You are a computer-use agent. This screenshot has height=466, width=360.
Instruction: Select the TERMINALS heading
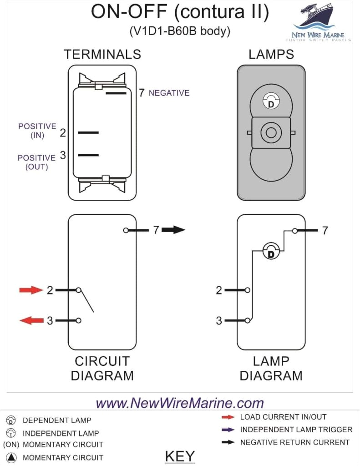[x=102, y=55]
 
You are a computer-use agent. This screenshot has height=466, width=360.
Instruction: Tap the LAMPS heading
[x=271, y=55]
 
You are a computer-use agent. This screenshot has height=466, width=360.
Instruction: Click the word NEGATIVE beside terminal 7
[x=169, y=93]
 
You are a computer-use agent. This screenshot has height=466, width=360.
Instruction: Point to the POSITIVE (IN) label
[x=37, y=131]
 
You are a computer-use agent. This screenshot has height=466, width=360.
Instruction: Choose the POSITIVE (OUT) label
[x=36, y=162]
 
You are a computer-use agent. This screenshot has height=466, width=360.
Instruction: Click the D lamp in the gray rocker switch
[x=271, y=102]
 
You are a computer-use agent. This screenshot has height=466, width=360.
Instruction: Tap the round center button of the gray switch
[x=271, y=133]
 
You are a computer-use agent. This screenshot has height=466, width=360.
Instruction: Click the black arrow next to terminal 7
[x=173, y=230]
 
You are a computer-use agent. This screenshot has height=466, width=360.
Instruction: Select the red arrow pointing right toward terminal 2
[x=30, y=290]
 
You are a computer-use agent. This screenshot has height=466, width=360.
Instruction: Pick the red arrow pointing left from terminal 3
[x=30, y=321]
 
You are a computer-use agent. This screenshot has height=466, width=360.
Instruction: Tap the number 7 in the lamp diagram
[x=325, y=231]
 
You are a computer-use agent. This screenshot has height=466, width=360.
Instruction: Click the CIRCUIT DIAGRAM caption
[x=102, y=368]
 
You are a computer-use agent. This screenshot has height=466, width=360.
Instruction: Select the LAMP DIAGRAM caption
[x=271, y=368]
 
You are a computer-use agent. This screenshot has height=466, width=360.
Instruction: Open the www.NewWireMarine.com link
[x=180, y=403]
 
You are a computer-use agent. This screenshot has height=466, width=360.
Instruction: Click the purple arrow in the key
[x=228, y=430]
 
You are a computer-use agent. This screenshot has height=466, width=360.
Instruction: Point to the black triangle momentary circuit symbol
[x=12, y=457]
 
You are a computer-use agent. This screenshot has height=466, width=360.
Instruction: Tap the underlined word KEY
[x=180, y=456]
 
